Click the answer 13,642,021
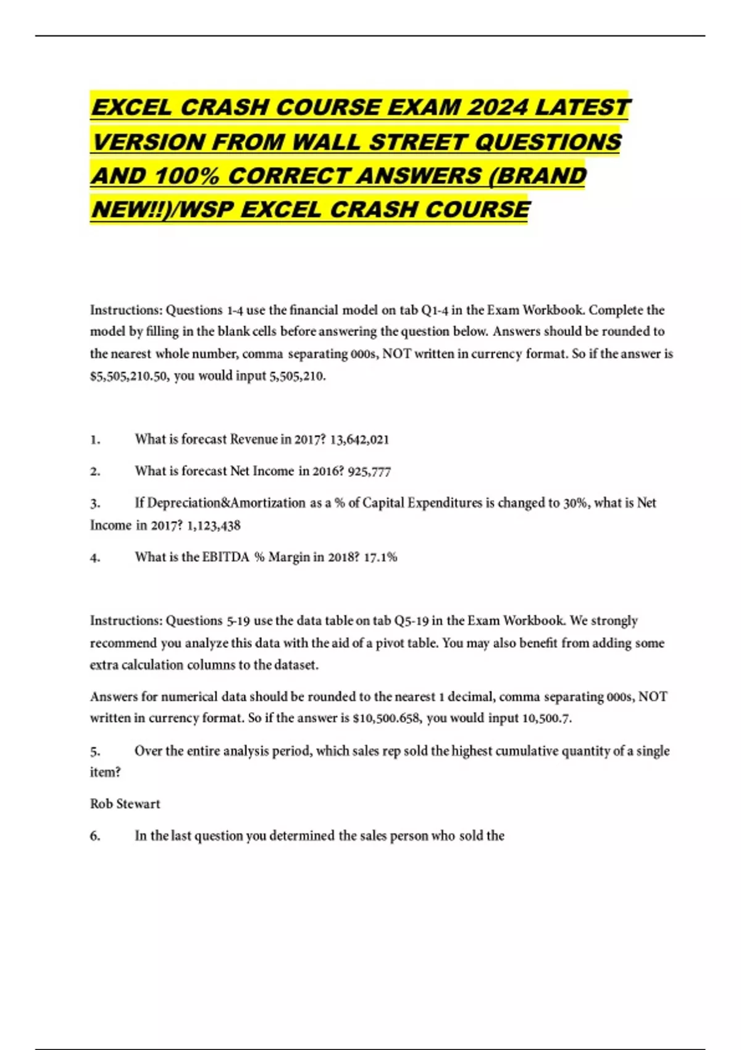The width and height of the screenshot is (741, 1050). pyautogui.click(x=359, y=440)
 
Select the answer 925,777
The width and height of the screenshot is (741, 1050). pyautogui.click(x=369, y=471)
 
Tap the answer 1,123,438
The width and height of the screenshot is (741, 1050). pyautogui.click(x=214, y=526)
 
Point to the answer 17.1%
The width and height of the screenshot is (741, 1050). pyautogui.click(x=380, y=557)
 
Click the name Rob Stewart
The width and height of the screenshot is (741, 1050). pyautogui.click(x=125, y=804)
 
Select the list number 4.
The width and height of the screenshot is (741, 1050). pyautogui.click(x=95, y=558)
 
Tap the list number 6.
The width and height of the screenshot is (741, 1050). pyautogui.click(x=95, y=836)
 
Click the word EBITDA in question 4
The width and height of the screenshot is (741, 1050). pyautogui.click(x=226, y=557)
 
